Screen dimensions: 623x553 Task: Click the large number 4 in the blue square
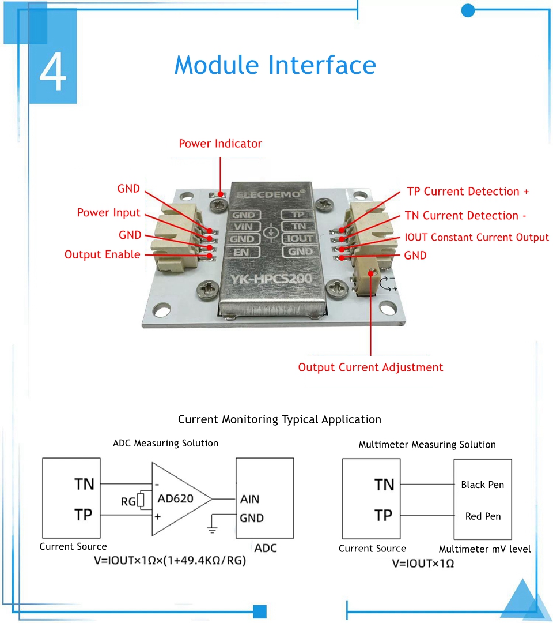pos(53,72)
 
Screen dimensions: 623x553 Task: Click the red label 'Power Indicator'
pos(220,144)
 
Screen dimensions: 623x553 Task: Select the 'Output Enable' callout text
pos(102,255)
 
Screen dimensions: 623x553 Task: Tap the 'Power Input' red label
pos(109,213)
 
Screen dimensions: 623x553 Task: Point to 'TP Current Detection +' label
pos(468,192)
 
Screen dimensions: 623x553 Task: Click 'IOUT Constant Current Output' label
pos(476,238)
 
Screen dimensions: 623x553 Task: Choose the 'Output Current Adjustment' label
pos(370,367)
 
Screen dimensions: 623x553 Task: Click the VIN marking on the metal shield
pos(244,227)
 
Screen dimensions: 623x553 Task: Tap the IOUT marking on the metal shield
pos(300,239)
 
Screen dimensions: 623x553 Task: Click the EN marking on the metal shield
pos(243,252)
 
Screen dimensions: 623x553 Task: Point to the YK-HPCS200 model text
pos(271,280)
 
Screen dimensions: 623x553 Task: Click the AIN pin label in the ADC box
pos(250,499)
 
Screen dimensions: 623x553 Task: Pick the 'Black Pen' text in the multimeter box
pos(482,485)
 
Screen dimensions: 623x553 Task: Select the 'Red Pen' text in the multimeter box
pos(483,516)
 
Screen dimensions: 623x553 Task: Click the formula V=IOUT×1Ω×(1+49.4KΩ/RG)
pos(170,560)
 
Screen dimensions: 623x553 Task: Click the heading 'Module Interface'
pos(275,65)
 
